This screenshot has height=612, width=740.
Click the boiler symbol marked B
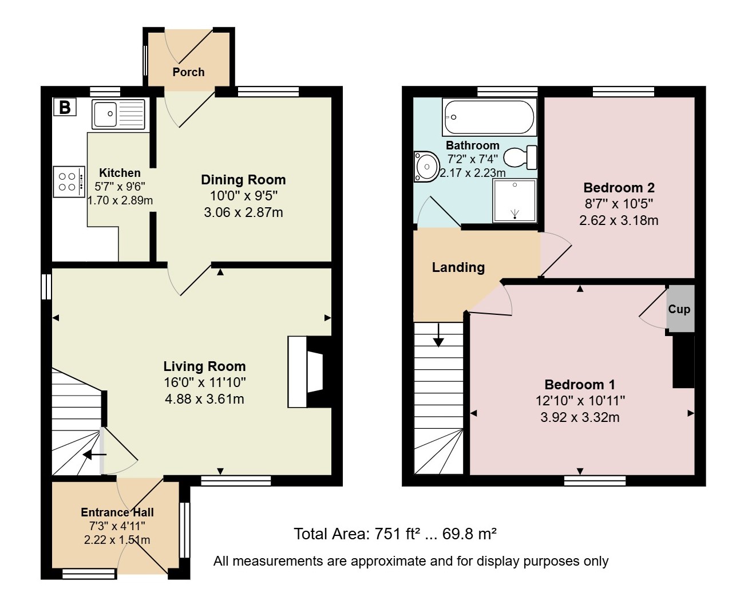click(65, 106)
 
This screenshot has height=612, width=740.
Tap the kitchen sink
click(118, 114)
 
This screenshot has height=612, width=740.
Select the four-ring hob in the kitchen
click(69, 181)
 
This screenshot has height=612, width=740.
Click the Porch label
click(188, 72)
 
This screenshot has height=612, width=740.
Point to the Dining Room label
click(243, 180)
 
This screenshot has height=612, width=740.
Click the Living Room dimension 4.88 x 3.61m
click(204, 399)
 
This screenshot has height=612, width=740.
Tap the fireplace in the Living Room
click(310, 372)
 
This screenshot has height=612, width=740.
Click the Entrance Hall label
click(117, 512)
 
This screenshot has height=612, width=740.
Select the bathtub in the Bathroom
click(489, 117)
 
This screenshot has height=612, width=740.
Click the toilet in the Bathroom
click(520, 157)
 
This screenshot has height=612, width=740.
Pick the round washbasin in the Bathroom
click(426, 167)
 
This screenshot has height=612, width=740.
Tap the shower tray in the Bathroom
click(515, 201)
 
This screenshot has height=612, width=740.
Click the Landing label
click(458, 267)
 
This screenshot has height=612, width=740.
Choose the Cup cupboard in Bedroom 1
click(680, 309)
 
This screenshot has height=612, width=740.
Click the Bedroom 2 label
click(619, 187)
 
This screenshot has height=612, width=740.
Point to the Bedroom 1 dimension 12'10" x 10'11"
click(580, 401)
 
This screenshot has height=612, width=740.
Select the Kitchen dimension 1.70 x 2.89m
click(120, 201)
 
